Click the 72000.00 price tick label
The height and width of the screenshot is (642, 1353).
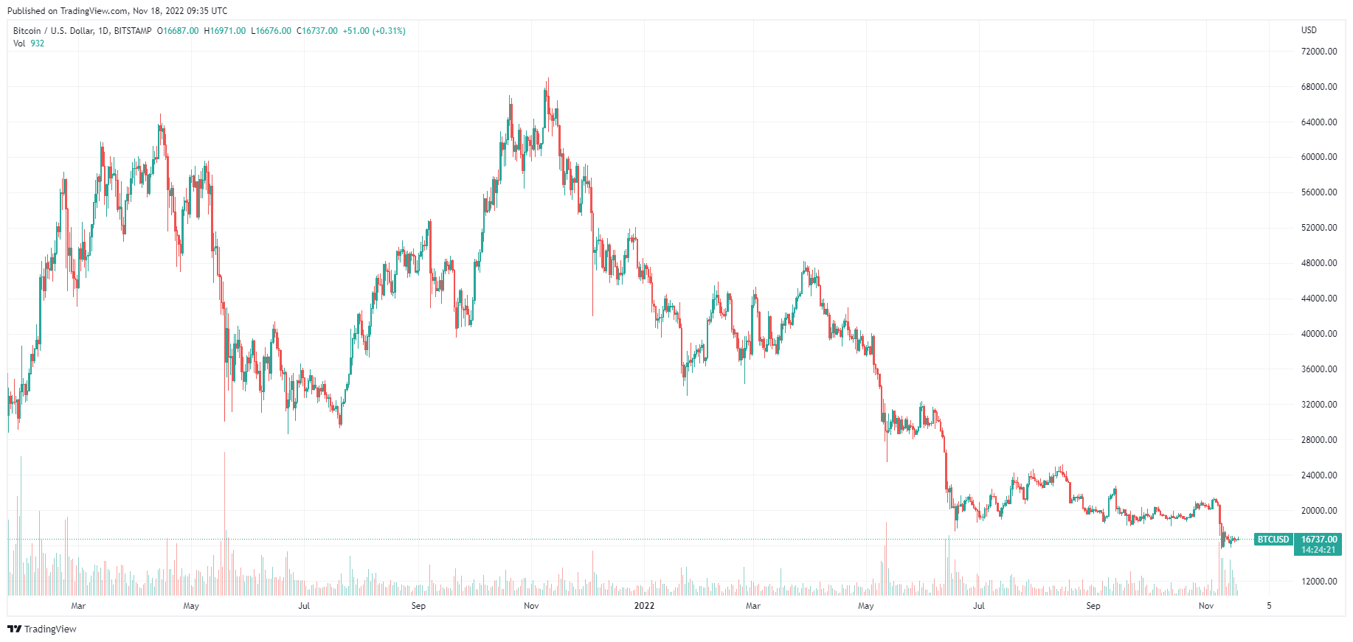1318,52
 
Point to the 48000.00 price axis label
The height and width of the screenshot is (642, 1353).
1318,263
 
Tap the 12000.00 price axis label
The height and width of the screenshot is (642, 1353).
1318,582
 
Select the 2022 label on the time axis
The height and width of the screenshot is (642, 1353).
644,606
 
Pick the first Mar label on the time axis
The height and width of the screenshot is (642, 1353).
78,606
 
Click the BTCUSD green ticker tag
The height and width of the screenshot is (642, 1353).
1273,540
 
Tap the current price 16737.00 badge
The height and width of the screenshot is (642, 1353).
1318,540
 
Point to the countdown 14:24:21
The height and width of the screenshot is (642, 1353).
1318,550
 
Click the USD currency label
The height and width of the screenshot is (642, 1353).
1309,30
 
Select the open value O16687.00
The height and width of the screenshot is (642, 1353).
178,31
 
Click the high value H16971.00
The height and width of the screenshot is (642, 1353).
225,31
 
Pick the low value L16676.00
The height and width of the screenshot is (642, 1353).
271,31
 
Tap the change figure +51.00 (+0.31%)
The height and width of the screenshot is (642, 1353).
374,31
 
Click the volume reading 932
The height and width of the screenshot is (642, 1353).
38,43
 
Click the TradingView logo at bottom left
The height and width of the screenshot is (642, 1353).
42,629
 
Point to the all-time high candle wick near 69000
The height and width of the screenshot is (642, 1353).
547,80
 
